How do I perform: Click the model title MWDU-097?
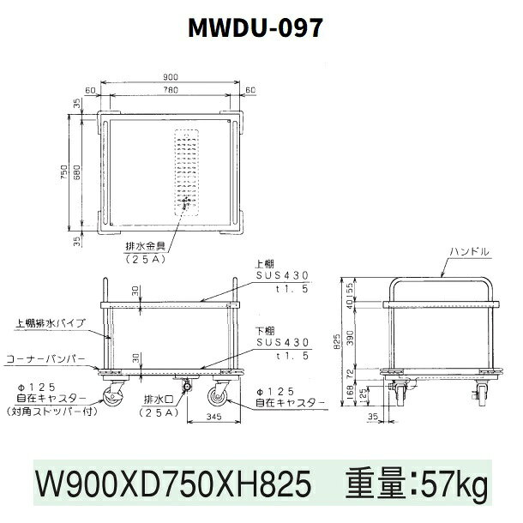[x=255, y=27]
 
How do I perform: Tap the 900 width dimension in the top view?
[x=171, y=77]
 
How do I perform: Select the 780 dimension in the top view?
[x=171, y=90]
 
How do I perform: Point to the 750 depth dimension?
[x=64, y=172]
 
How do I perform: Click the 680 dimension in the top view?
[x=76, y=172]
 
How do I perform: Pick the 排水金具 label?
[x=146, y=246]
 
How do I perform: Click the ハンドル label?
[x=470, y=251]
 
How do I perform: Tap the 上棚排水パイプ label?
[x=51, y=323]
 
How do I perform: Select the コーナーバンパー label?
[x=46, y=359]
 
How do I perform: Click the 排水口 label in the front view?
[x=159, y=399]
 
